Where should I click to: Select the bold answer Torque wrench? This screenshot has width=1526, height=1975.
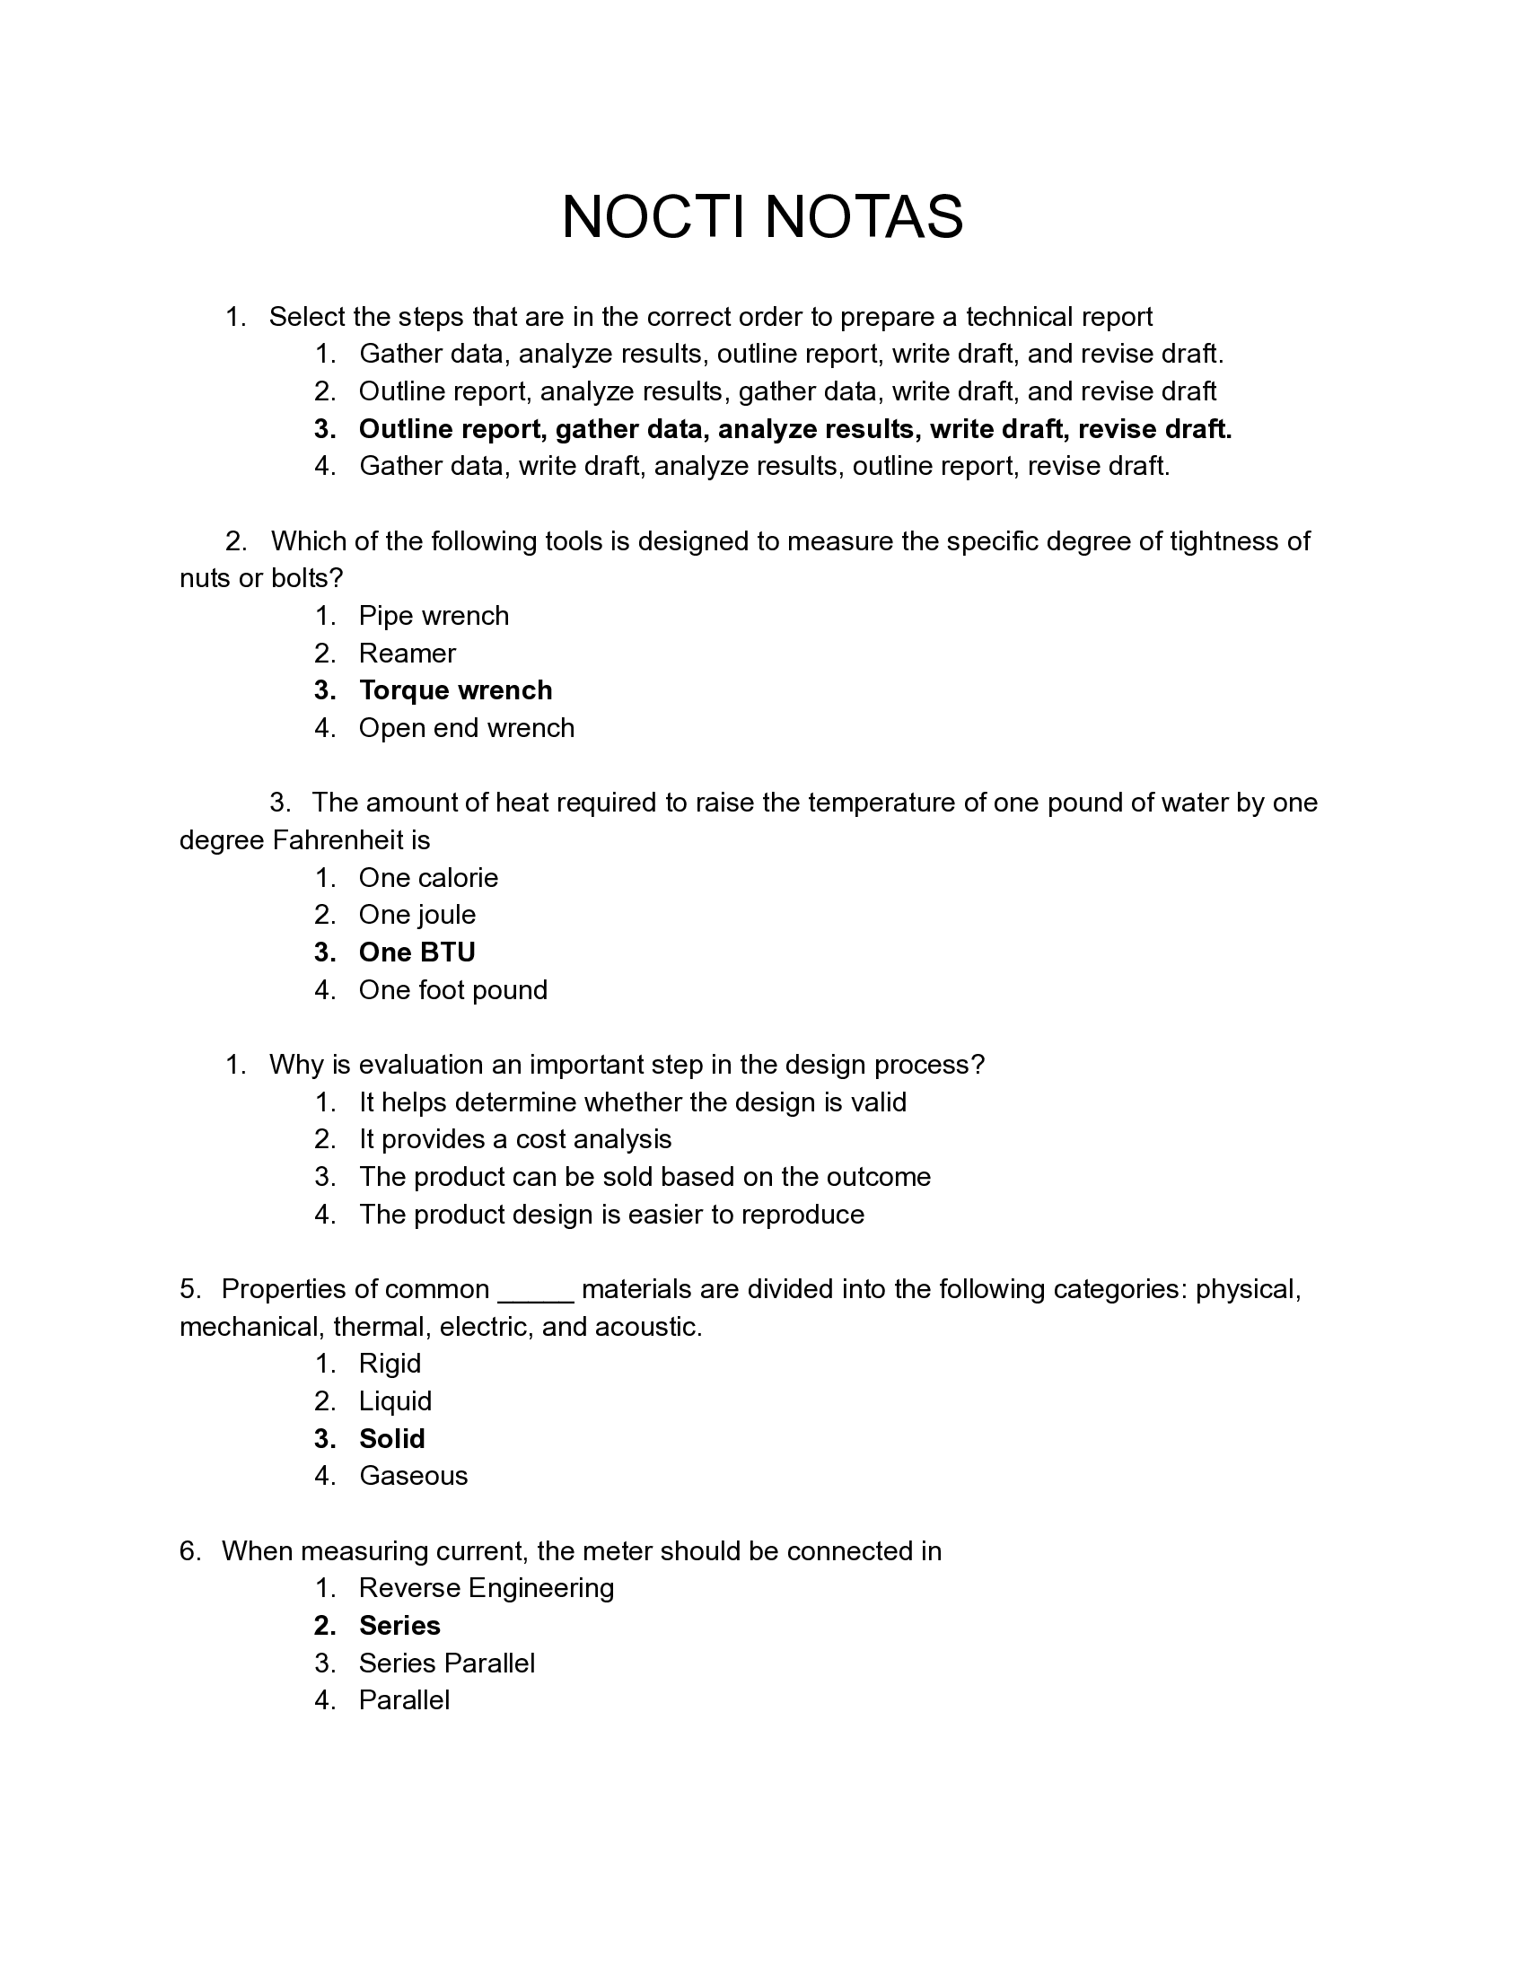455,690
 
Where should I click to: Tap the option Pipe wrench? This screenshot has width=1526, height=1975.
434,616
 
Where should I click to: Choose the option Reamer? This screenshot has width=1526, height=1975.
407,653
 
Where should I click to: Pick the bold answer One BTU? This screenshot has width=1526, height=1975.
417,952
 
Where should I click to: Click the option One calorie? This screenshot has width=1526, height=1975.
428,877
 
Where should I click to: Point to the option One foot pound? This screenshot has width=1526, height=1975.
453,989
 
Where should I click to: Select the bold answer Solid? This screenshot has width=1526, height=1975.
391,1438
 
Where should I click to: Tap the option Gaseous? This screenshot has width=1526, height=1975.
413,1475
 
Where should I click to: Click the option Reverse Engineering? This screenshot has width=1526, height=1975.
487,1587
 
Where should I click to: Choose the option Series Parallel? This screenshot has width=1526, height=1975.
447,1662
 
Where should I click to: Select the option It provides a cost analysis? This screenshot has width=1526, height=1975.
515,1138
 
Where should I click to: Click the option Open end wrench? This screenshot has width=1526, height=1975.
467,728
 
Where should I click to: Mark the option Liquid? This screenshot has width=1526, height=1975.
395,1400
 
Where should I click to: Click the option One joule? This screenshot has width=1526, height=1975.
417,914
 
